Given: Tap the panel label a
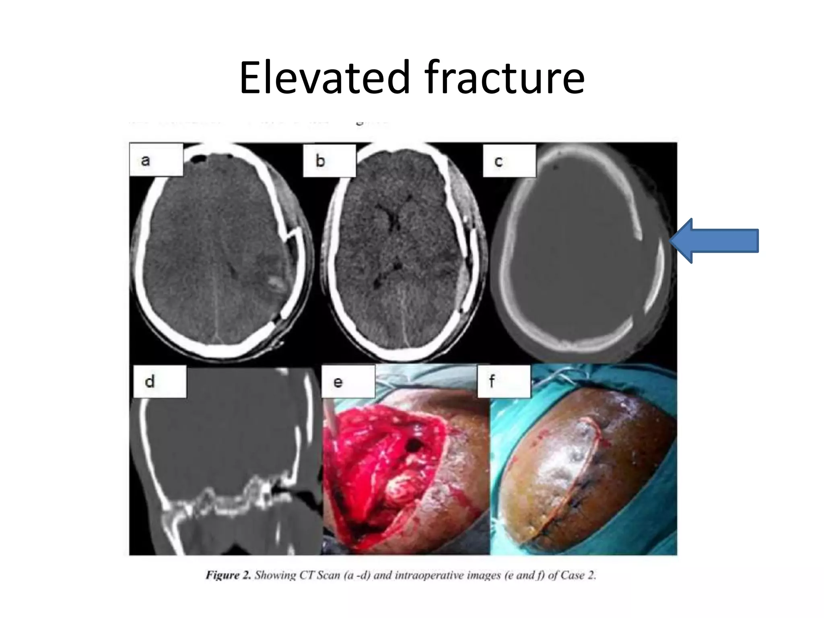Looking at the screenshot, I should coord(146,161).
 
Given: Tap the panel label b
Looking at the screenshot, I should coord(320,161).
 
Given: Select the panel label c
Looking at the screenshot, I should coord(499,162).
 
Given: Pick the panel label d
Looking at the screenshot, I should coord(150,381).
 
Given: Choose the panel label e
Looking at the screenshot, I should coord(338,382).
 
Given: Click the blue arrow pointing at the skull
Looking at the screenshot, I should coord(715,241).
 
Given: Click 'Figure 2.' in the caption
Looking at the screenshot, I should coord(228,575).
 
